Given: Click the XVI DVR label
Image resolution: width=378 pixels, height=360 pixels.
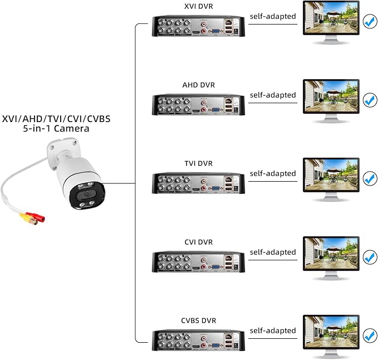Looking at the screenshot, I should pyautogui.click(x=199, y=6).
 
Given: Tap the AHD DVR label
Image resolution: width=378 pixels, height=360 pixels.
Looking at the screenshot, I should pyautogui.click(x=199, y=85).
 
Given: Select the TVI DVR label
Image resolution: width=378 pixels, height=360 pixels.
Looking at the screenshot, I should pyautogui.click(x=199, y=163).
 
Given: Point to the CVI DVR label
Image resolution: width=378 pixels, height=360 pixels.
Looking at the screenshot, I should pyautogui.click(x=199, y=242).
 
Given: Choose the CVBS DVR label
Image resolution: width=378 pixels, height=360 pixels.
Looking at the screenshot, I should pyautogui.click(x=199, y=320).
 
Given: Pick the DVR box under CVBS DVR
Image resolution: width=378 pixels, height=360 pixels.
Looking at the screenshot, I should pyautogui.click(x=199, y=341).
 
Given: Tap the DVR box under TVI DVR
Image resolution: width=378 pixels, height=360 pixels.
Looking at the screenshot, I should pyautogui.click(x=199, y=184).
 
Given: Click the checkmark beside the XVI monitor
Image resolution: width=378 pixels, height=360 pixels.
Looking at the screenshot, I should pyautogui.click(x=370, y=22).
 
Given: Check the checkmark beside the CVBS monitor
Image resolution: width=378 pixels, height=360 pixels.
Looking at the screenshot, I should pyautogui.click(x=370, y=336).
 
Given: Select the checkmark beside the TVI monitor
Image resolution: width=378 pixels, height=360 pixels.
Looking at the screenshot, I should pyautogui.click(x=370, y=179).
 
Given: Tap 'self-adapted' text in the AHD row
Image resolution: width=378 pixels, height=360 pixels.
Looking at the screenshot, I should pyautogui.click(x=273, y=95).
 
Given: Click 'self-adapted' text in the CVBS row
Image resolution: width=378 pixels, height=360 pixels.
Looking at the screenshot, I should pyautogui.click(x=273, y=330).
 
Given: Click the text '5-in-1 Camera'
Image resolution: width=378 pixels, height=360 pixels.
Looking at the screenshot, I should pyautogui.click(x=52, y=129).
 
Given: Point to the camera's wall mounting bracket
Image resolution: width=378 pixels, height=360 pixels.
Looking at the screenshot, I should pyautogui.click(x=63, y=148).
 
